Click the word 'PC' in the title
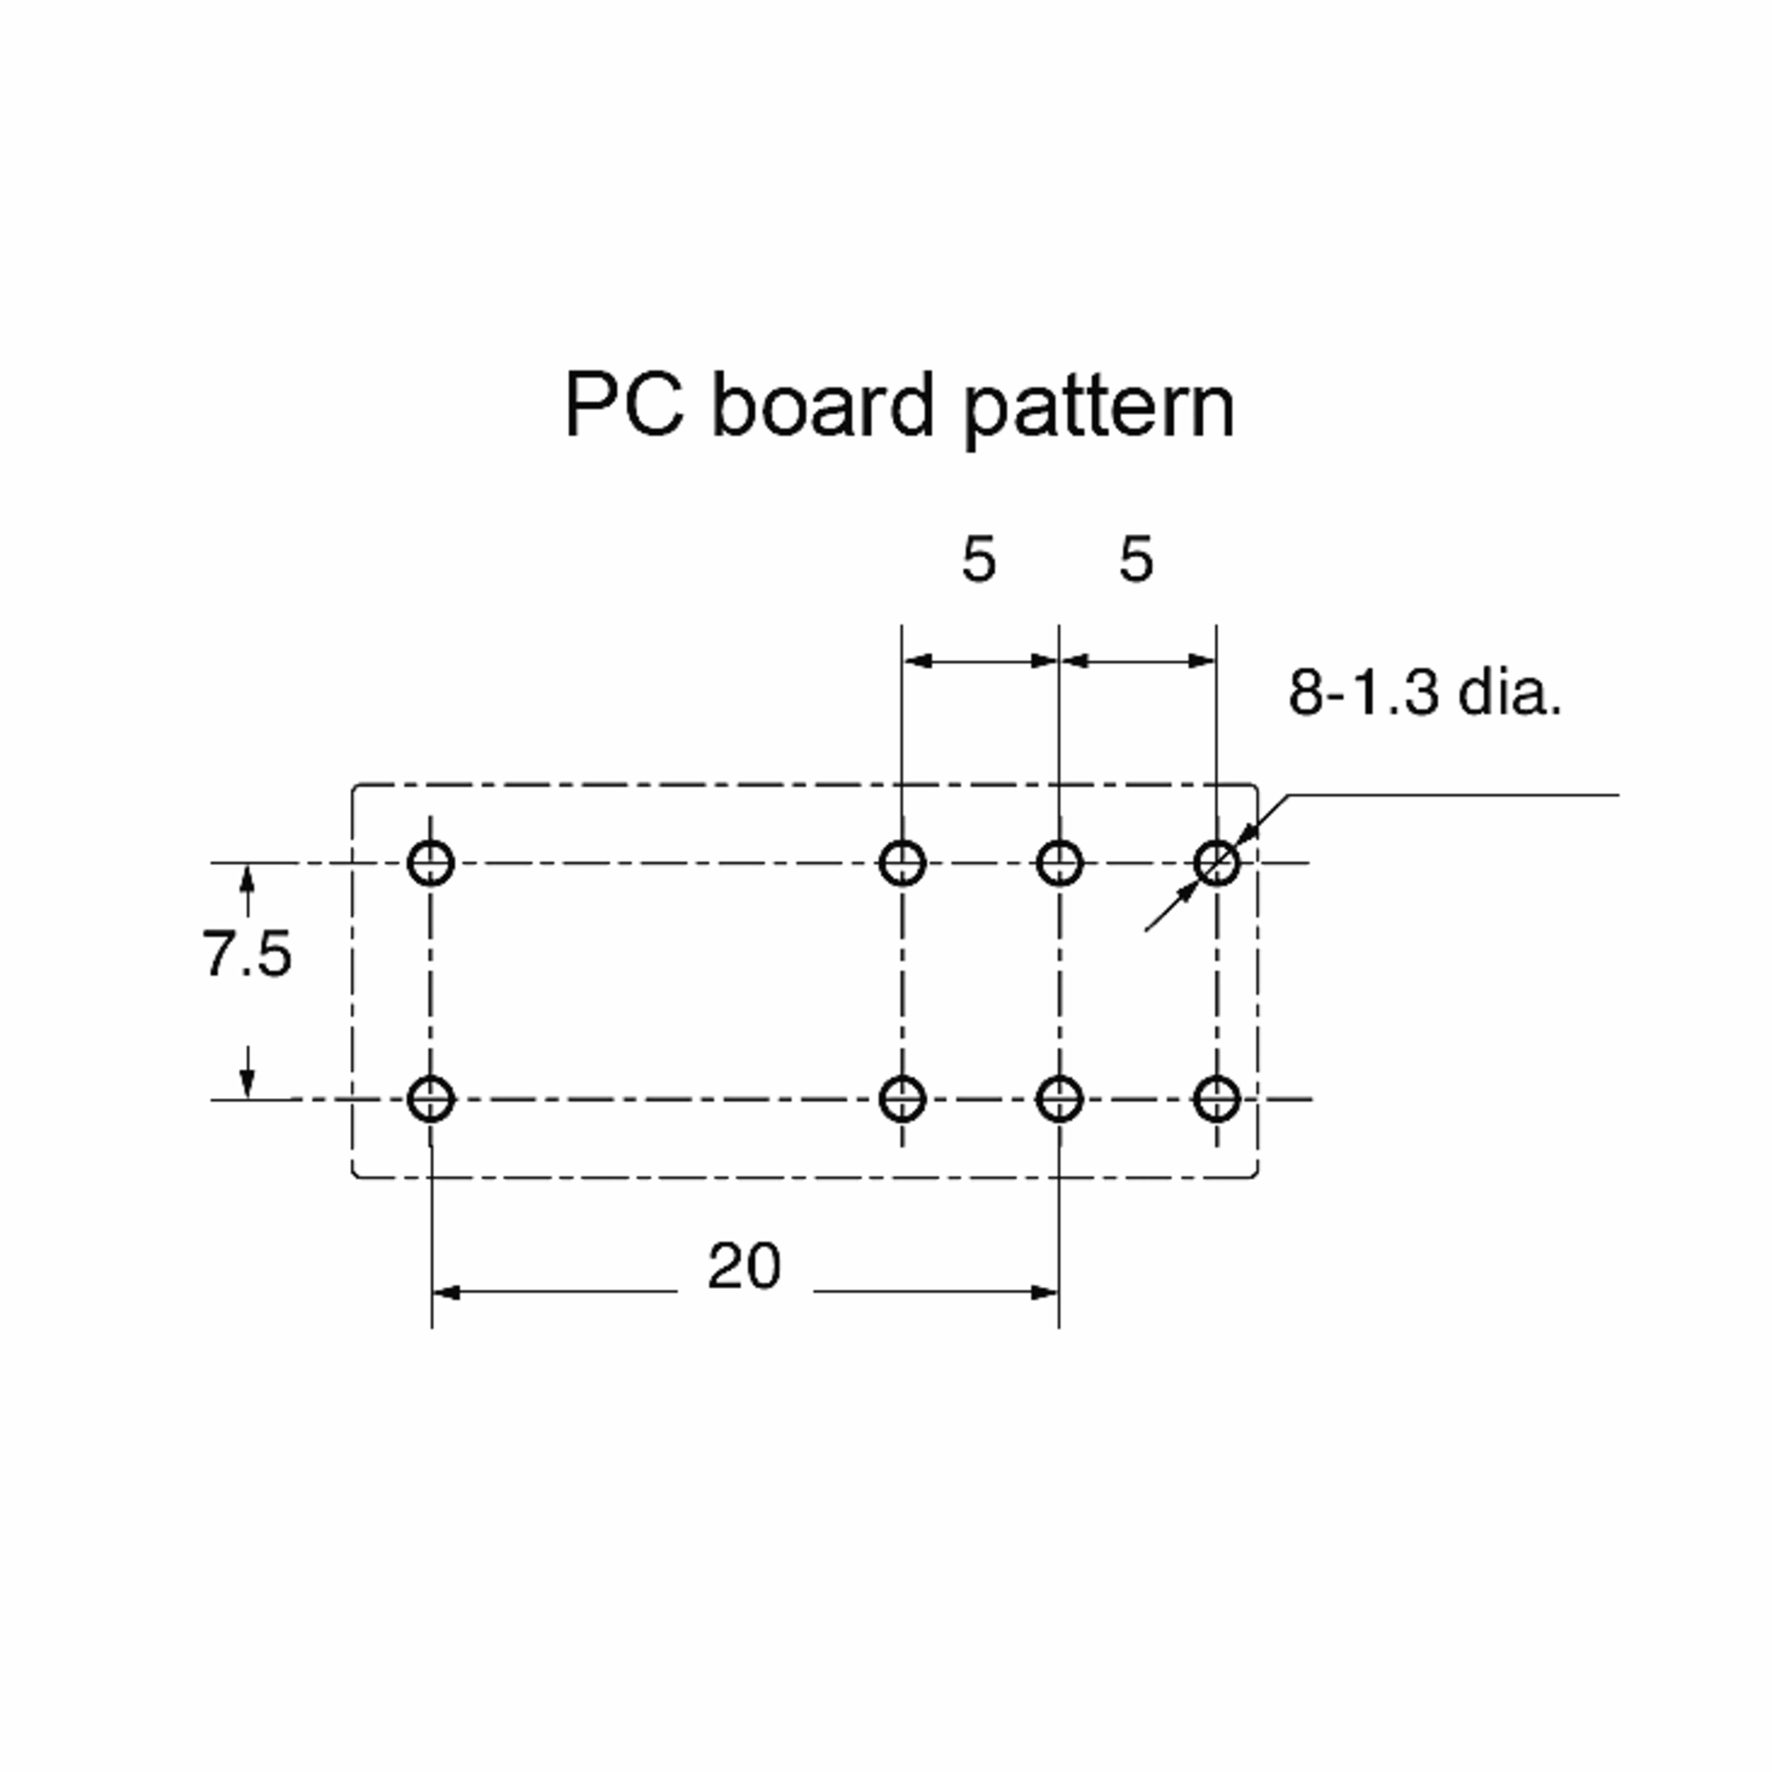tap(625, 405)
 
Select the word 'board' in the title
tap(823, 405)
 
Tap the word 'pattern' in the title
tap(1099, 409)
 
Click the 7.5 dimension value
tap(247, 953)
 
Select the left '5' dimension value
tap(978, 560)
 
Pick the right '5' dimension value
tap(1136, 560)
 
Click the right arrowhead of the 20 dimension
tap(1045, 1292)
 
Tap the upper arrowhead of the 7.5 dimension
tap(247, 879)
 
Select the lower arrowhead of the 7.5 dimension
tap(247, 1083)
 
